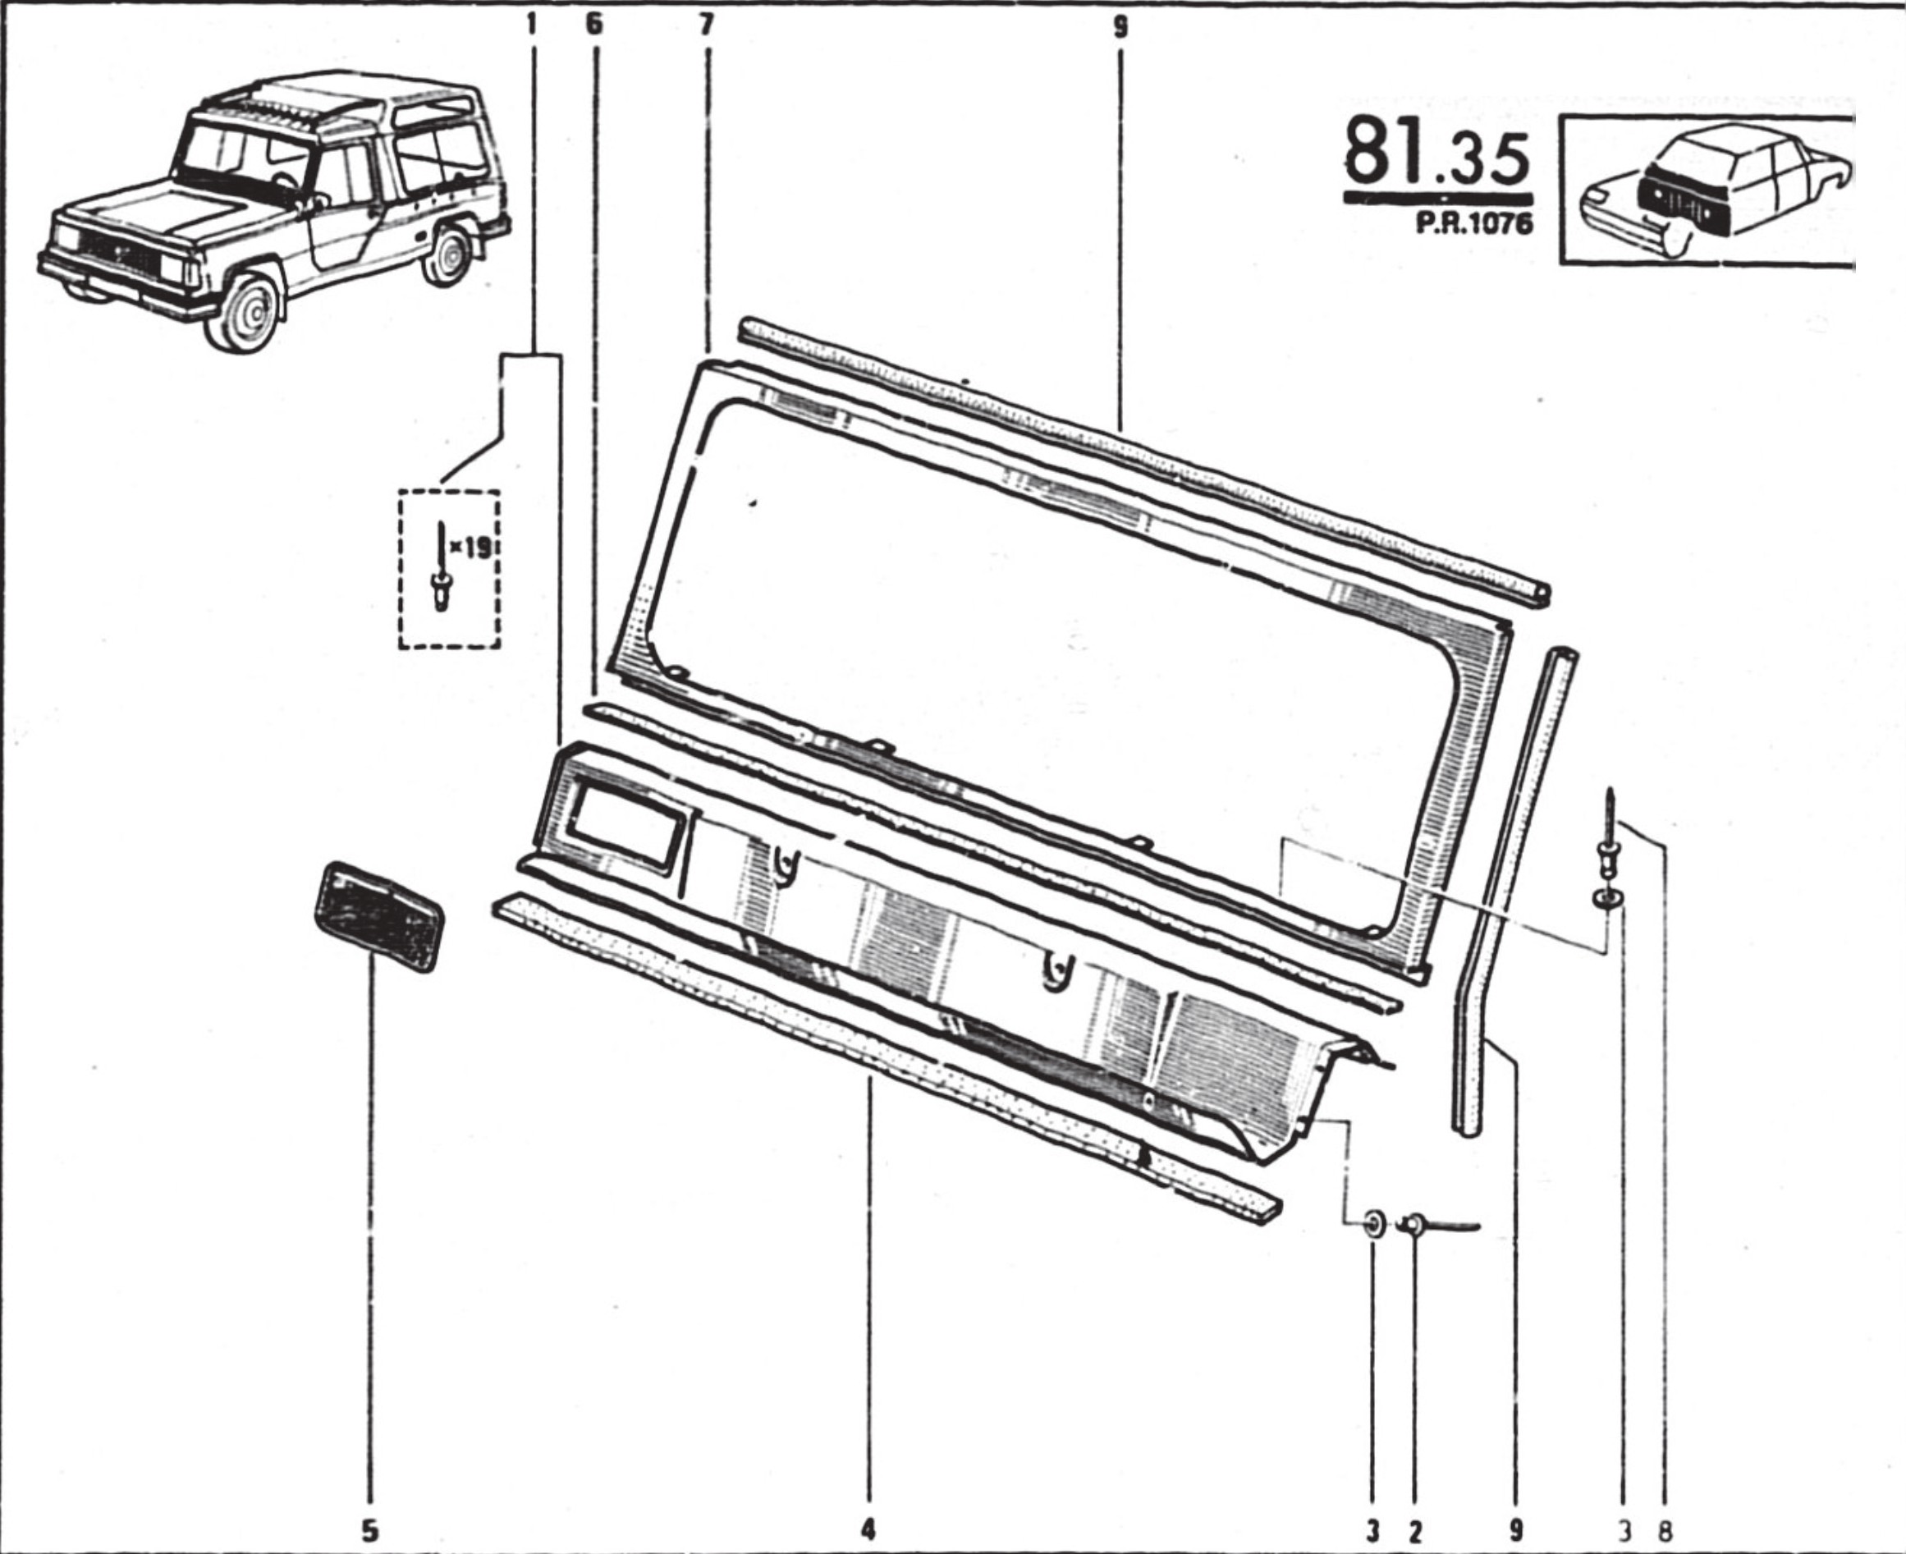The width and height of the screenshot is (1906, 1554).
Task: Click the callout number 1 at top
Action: [532, 25]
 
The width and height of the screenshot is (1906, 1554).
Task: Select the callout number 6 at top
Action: [594, 25]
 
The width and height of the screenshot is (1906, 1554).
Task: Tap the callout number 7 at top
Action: [706, 25]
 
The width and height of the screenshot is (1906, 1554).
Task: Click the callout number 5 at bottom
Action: [370, 1531]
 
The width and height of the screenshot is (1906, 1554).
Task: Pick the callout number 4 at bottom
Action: [867, 1531]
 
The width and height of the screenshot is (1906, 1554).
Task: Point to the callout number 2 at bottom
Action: [1415, 1532]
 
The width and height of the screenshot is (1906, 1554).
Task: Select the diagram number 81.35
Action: [1436, 158]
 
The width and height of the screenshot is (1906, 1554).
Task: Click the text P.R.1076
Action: [1473, 222]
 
